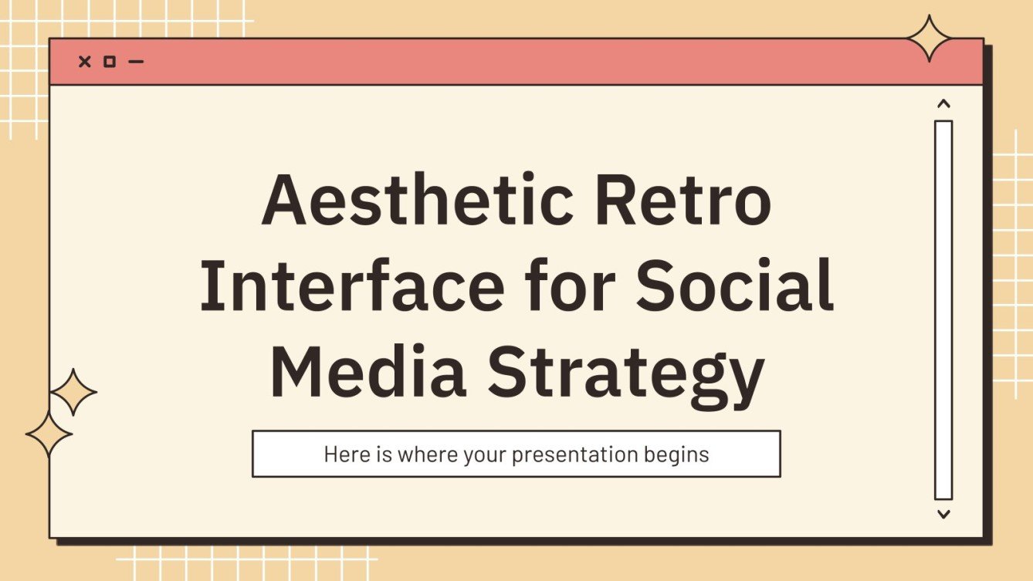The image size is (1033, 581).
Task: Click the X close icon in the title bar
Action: pyautogui.click(x=85, y=62)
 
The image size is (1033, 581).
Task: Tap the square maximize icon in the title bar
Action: pyautogui.click(x=110, y=62)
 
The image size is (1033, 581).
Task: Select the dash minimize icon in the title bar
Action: pyautogui.click(x=136, y=62)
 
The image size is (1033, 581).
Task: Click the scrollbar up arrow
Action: pyautogui.click(x=943, y=103)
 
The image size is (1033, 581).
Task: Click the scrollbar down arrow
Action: pyautogui.click(x=943, y=513)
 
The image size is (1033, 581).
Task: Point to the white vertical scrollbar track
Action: pyautogui.click(x=943, y=309)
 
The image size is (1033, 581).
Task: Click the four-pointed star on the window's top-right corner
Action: pyautogui.click(x=930, y=38)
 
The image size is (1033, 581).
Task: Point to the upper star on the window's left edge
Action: pyautogui.click(x=73, y=393)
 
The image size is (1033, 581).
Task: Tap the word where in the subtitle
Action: pyautogui.click(x=428, y=454)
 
